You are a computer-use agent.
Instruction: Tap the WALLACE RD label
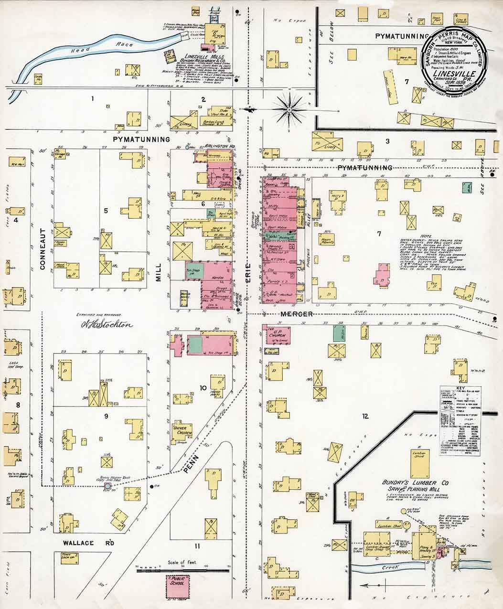tap(90, 543)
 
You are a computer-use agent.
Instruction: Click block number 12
tap(365, 417)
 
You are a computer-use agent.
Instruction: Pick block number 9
tap(106, 416)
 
